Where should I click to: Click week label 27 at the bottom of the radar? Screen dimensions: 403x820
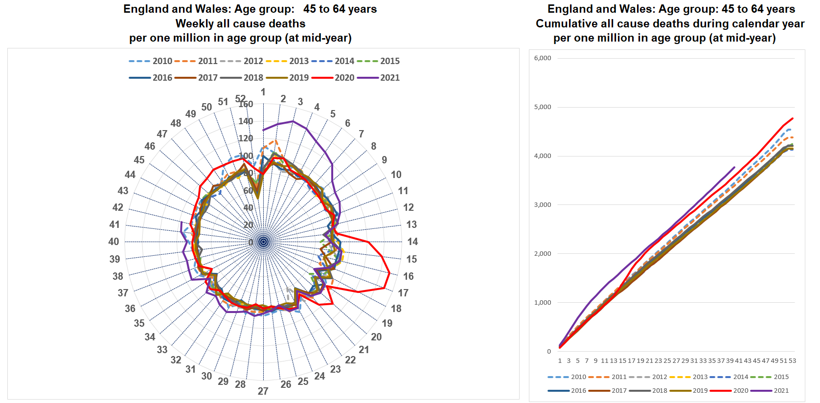[x=263, y=391]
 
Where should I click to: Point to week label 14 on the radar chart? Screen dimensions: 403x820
[x=412, y=242]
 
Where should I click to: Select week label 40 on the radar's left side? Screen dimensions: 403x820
[x=114, y=242]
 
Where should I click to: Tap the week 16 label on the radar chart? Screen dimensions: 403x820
[x=408, y=276]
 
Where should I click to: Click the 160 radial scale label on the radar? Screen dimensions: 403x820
[x=246, y=104]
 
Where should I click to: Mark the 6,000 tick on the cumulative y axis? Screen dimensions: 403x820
[x=543, y=58]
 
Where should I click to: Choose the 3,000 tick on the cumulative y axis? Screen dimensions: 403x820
[x=543, y=205]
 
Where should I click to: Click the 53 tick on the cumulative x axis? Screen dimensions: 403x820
[x=793, y=361]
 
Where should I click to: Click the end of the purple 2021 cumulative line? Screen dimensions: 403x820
[x=734, y=167]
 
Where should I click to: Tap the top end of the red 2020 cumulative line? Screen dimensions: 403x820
[x=793, y=118]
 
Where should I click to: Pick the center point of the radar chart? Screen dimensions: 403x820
[x=263, y=242]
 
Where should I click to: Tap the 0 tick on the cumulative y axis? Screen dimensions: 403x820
[x=548, y=352]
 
